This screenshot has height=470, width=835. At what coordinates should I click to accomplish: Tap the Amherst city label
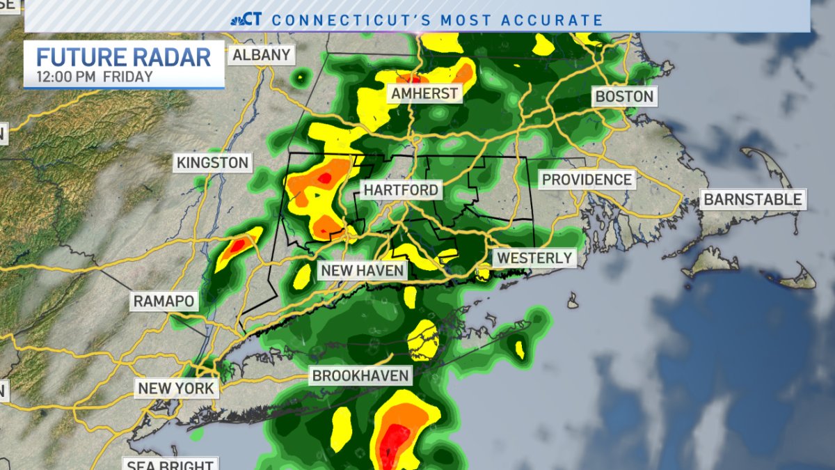point(424,93)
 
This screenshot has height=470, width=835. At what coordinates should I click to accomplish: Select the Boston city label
point(624,96)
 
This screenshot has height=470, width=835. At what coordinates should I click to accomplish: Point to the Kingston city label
point(212,163)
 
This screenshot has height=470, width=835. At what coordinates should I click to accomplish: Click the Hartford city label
point(401,190)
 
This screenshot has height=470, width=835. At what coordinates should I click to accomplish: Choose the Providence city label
point(587,180)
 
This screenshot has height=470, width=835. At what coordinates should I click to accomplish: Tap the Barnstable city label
point(753,199)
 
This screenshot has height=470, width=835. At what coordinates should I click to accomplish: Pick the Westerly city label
point(534,258)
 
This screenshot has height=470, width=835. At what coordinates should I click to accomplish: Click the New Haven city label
point(362,270)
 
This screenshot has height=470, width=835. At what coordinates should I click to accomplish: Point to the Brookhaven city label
point(361,376)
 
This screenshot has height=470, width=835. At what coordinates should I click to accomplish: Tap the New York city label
point(176,389)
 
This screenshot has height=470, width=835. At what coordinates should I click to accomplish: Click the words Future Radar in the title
point(123,57)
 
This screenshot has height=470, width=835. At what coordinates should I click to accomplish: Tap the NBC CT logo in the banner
point(246,19)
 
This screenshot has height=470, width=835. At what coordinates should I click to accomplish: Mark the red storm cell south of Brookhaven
point(394,441)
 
